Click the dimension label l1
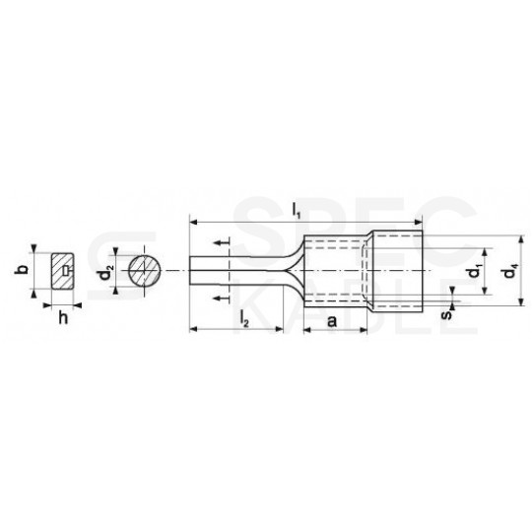(297, 212)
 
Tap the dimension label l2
(244, 319)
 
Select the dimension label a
(332, 320)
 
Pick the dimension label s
(447, 315)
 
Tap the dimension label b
(23, 269)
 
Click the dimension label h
(63, 318)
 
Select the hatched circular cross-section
(145, 270)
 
